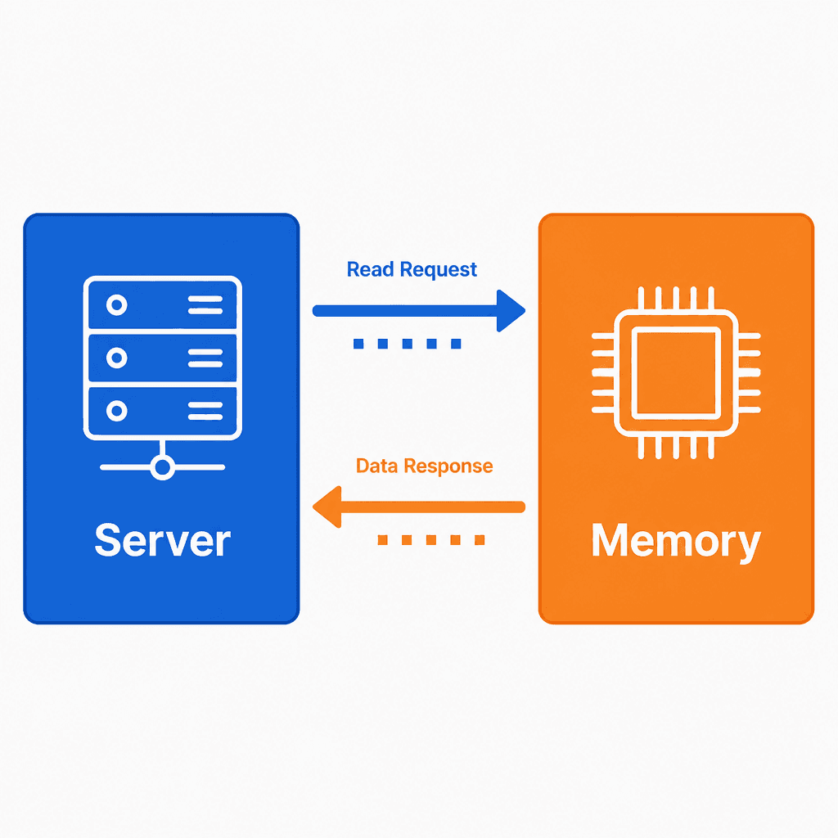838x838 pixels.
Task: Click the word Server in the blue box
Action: tap(163, 540)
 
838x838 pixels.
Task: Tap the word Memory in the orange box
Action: tap(676, 541)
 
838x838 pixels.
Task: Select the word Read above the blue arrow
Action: tap(371, 269)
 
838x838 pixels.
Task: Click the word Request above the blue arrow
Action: tap(439, 270)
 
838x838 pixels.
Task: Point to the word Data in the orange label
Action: tap(376, 466)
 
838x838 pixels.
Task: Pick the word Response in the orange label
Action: tap(448, 466)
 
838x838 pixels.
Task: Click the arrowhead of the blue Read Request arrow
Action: tap(511, 310)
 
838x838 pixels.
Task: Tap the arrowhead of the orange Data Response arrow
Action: tap(327, 507)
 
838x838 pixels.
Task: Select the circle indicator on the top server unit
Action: tap(116, 305)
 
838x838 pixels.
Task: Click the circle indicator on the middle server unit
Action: tap(116, 358)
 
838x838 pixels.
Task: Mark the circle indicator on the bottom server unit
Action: tap(116, 411)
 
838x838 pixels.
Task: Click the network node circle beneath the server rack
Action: tap(163, 467)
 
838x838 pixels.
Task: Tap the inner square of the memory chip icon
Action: tap(676, 372)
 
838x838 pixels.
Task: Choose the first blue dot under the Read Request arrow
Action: tap(358, 343)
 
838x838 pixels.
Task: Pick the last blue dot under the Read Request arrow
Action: tap(456, 343)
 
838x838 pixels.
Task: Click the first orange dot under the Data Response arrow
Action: tap(383, 540)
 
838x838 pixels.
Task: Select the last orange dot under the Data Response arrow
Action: tap(480, 540)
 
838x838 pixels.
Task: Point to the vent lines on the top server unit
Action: tap(205, 305)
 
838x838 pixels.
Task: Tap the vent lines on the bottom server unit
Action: tap(205, 411)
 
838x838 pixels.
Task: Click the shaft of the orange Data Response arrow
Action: tap(433, 507)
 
